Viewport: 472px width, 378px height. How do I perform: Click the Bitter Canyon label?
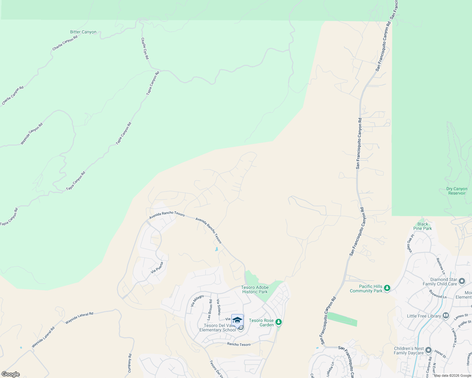coord(83,32)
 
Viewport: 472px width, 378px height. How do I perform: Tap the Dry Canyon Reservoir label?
coord(457,191)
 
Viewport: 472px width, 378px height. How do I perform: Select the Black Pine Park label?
coord(422,226)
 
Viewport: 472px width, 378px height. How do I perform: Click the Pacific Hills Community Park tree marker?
coord(387,288)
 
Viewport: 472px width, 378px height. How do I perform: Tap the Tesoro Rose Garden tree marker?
coord(278,322)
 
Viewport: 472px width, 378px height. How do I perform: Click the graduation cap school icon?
coord(237,320)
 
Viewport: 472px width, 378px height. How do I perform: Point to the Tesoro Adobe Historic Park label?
coord(255,289)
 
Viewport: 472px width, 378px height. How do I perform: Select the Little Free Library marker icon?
coord(446,315)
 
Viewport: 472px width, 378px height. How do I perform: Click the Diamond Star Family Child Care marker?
coord(462,281)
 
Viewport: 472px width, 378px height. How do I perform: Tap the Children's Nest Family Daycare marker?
coord(428,350)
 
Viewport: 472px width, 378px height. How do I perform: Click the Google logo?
coord(10,374)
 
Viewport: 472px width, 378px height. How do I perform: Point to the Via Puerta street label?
coord(157,267)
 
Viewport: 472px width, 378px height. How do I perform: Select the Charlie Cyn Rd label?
coord(145,49)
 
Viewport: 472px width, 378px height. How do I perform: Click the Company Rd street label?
coord(130,364)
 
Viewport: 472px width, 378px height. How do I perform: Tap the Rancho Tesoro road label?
coord(239,344)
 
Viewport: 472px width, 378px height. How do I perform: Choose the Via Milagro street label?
coord(197,301)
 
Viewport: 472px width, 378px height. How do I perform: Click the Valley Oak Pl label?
coord(410,244)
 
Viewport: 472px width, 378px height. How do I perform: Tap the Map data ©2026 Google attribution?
coord(452,375)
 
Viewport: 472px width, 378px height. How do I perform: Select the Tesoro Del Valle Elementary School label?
coord(218,328)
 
